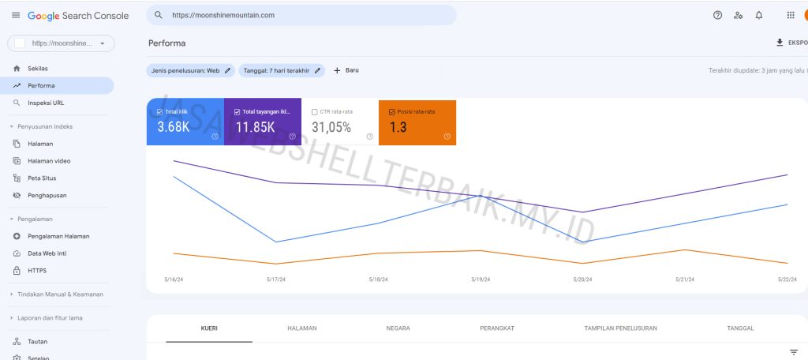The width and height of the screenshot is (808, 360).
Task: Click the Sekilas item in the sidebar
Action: pyautogui.click(x=37, y=68)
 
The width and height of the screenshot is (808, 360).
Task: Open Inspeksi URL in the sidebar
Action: pyautogui.click(x=44, y=103)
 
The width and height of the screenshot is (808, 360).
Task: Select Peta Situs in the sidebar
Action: pyautogui.click(x=41, y=178)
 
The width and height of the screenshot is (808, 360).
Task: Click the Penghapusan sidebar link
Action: pyautogui.click(x=47, y=195)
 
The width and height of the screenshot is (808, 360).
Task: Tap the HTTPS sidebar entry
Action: pyautogui.click(x=36, y=271)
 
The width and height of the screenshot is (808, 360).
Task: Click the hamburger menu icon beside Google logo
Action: pyautogui.click(x=16, y=15)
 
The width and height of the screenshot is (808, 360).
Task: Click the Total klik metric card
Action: pyautogui.click(x=185, y=122)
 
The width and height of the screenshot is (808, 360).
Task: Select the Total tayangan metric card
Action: pyautogui.click(x=262, y=122)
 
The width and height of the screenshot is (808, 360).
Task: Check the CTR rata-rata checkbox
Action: pyautogui.click(x=315, y=112)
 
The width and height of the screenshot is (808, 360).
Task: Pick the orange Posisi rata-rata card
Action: pyautogui.click(x=417, y=122)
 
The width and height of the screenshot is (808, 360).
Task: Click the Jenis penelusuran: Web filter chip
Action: pyautogui.click(x=192, y=70)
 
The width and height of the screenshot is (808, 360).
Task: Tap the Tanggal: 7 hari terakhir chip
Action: pyautogui.click(x=282, y=70)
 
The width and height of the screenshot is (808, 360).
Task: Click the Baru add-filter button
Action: pyautogui.click(x=346, y=70)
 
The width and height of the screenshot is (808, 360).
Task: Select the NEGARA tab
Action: pyautogui.click(x=398, y=328)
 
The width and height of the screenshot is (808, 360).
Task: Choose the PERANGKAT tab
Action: pyautogui.click(x=497, y=328)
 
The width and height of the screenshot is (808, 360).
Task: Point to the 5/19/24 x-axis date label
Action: pyautogui.click(x=481, y=279)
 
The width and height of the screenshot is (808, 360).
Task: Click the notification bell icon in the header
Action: pyautogui.click(x=759, y=15)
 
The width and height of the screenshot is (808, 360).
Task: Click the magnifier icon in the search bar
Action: pyautogui.click(x=159, y=15)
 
